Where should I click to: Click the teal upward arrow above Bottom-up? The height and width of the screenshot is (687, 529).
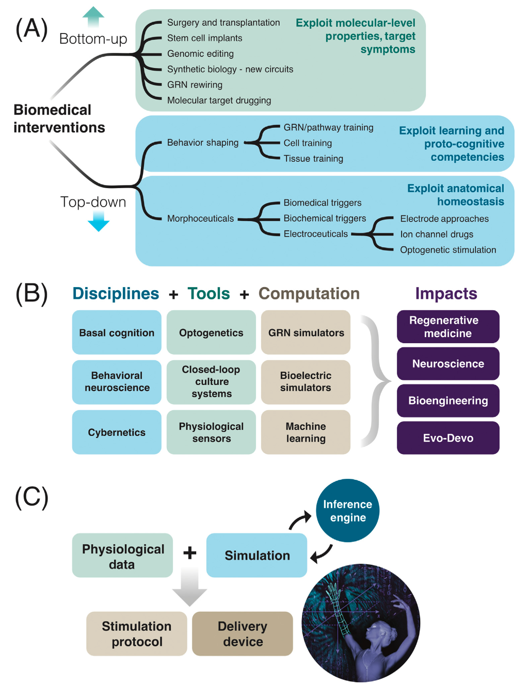[x=93, y=16]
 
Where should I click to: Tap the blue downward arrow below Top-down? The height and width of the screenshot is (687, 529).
[x=98, y=222]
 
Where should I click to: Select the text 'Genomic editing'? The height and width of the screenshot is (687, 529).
[x=200, y=54]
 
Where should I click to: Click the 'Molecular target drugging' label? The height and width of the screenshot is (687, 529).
[x=219, y=100]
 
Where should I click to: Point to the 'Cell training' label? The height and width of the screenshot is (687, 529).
[x=308, y=143]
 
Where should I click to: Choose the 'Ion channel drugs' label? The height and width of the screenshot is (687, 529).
[x=437, y=234]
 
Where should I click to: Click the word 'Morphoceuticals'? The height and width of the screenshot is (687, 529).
[x=200, y=219]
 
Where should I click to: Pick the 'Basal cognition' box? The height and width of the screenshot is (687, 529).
[x=117, y=332]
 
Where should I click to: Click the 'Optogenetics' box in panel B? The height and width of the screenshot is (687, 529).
[x=211, y=332]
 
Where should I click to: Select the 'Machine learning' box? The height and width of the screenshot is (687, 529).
[x=306, y=432]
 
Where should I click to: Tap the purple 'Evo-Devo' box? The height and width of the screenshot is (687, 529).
[x=448, y=438]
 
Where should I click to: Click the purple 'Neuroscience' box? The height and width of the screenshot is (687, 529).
[x=448, y=364]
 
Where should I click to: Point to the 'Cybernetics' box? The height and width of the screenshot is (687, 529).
[x=117, y=432]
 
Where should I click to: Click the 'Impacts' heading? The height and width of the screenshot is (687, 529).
[x=446, y=294]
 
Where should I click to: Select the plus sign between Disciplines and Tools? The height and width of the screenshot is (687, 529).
[x=173, y=295]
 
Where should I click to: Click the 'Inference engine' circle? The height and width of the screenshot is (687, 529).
[x=347, y=511]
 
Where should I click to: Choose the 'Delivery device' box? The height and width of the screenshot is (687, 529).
[x=243, y=634]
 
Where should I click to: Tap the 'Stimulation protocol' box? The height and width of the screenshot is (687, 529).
[x=137, y=634]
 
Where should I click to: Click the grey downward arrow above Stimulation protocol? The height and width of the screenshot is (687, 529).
[x=189, y=588]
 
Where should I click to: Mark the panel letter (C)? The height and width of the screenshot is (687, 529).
[x=31, y=497]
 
